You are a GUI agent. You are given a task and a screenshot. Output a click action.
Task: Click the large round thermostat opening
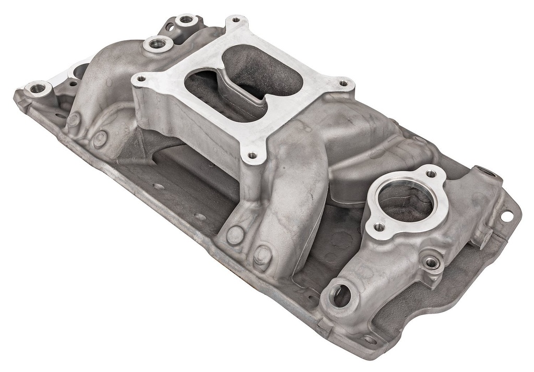tap(405, 201)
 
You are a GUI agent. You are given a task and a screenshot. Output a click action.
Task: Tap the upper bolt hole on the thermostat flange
tap(430, 174)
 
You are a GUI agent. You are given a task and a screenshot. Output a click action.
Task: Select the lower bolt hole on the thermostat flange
tap(379, 227)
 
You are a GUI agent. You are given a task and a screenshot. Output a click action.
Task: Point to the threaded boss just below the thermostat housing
tap(431, 263)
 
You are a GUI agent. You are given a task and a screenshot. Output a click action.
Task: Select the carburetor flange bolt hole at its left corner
tap(140, 79)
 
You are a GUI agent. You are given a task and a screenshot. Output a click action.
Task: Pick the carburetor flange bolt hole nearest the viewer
tap(252, 155)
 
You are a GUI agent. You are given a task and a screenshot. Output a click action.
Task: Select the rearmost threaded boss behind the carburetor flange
tap(186, 20)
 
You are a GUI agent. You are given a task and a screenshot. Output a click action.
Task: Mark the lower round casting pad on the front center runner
tap(262, 255)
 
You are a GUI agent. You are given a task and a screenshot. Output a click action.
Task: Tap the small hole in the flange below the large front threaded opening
tap(370, 339)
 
